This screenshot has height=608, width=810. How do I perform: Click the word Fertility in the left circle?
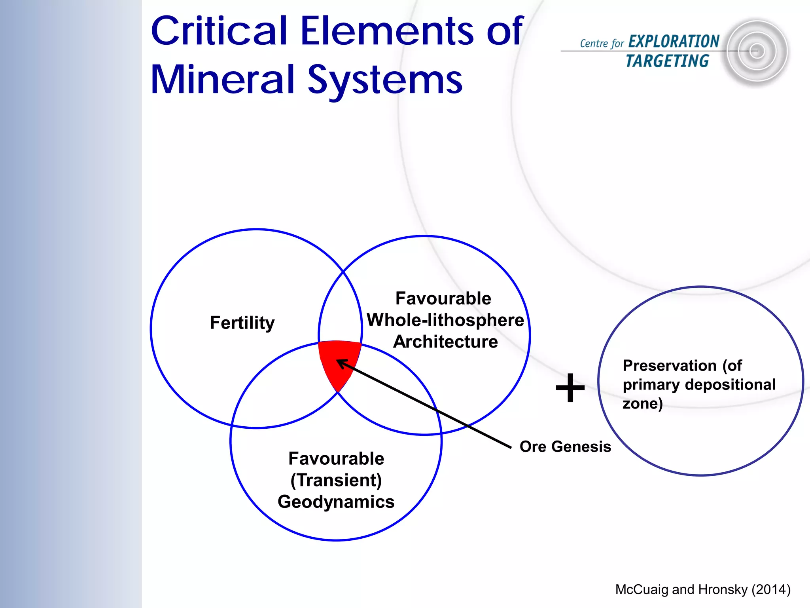coord(242,323)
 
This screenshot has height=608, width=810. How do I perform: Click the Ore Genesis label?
coord(565,446)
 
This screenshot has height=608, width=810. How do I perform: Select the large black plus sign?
coord(570,388)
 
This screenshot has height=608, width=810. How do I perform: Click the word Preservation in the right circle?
coord(669,366)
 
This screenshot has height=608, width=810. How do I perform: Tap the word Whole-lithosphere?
coord(445,320)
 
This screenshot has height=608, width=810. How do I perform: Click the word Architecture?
coord(445,342)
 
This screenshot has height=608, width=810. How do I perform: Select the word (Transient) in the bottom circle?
coord(336,481)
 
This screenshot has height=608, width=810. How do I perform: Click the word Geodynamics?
coord(336,502)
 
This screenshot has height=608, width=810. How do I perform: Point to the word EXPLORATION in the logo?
coord(674,42)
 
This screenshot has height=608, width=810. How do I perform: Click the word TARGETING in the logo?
coord(668,61)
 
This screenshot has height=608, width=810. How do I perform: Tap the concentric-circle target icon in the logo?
coord(756,51)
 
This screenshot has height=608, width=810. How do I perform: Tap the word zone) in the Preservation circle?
coord(642,404)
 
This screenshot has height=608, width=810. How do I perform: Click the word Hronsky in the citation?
coord(723,589)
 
